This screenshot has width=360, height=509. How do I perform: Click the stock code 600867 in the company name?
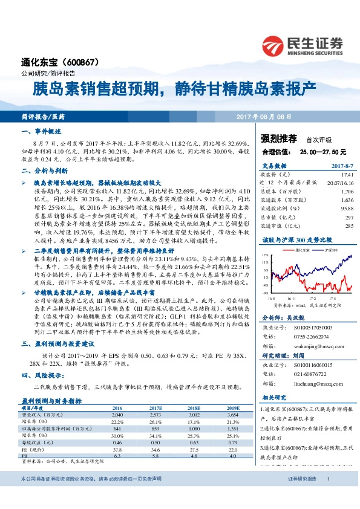point(90,62)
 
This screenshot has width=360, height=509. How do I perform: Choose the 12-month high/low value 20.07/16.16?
point(339,181)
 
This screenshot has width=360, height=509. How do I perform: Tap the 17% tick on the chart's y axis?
point(265,256)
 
